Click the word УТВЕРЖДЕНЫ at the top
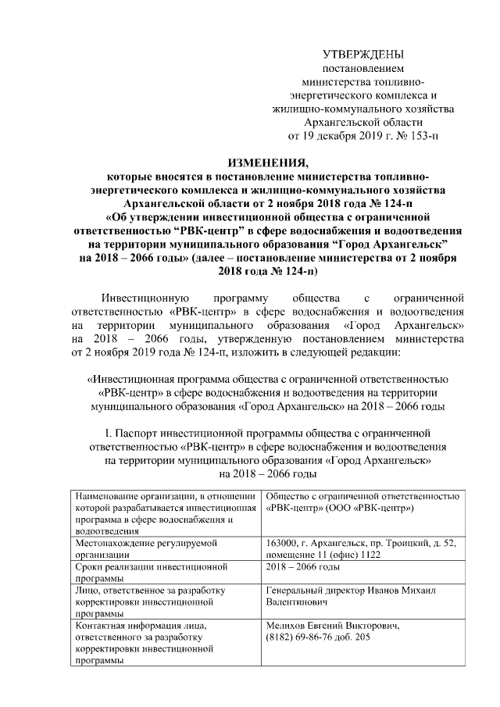click(x=363, y=54)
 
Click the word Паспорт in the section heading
click(x=144, y=431)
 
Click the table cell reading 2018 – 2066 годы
click(x=303, y=566)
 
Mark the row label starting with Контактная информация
click(x=137, y=626)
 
